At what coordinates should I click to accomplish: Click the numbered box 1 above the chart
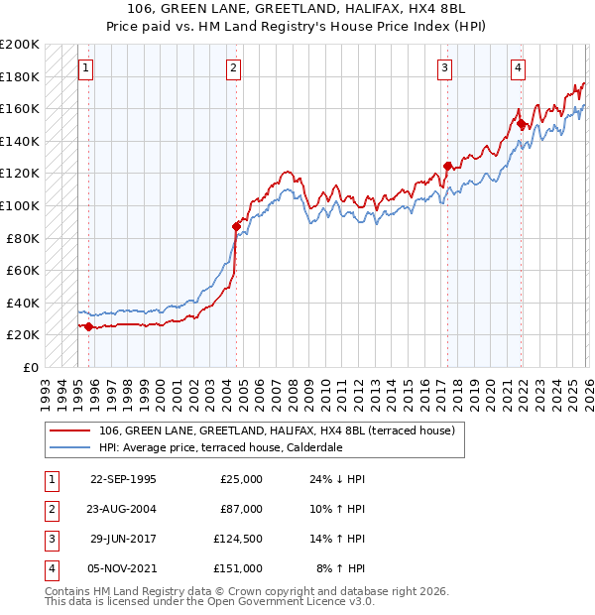pyautogui.click(x=85, y=68)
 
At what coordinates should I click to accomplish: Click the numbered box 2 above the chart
pyautogui.click(x=233, y=68)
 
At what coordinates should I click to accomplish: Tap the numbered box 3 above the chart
pyautogui.click(x=445, y=68)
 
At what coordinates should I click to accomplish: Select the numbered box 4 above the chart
pyautogui.click(x=518, y=68)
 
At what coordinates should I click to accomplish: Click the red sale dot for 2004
pyautogui.click(x=236, y=226)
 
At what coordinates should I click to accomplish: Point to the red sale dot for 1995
pyautogui.click(x=89, y=326)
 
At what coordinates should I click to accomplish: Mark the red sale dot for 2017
pyautogui.click(x=447, y=166)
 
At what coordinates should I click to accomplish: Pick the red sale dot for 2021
pyautogui.click(x=522, y=123)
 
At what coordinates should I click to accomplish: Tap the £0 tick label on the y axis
pyautogui.click(x=31, y=367)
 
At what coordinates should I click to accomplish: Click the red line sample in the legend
pyautogui.click(x=70, y=430)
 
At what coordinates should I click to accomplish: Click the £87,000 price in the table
pyautogui.click(x=239, y=508)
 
